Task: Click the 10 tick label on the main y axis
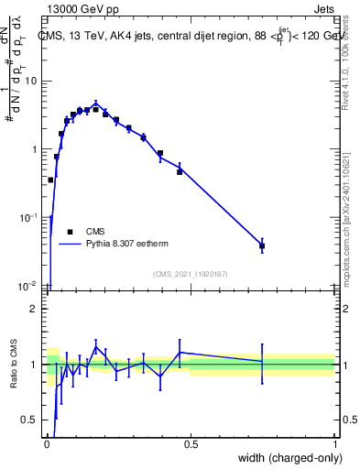30,82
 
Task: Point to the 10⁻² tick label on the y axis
29,285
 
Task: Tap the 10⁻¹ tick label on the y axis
29,217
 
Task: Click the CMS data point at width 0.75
262,245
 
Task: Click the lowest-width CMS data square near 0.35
50,180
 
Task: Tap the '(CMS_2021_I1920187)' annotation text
190,274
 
